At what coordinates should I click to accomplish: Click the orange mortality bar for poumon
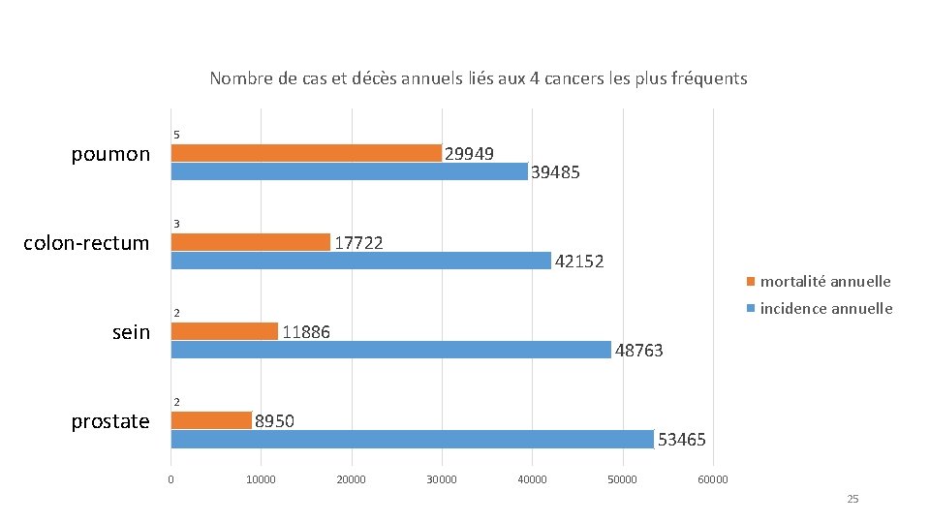(x=306, y=153)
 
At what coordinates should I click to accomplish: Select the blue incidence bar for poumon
(x=349, y=171)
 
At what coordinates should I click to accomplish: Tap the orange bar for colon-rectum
(x=251, y=242)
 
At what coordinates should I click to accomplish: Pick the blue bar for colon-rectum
(x=360, y=261)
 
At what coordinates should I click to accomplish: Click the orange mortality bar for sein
(x=225, y=331)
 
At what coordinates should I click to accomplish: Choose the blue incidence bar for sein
(x=390, y=350)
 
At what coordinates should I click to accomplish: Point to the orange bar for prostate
(x=211, y=420)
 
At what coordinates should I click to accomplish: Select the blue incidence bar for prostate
(x=412, y=439)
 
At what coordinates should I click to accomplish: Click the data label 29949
(x=470, y=154)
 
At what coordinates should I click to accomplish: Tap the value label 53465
(x=682, y=440)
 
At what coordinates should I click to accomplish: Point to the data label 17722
(x=358, y=242)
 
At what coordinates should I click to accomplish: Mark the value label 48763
(x=639, y=351)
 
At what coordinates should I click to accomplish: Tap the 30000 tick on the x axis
(x=442, y=479)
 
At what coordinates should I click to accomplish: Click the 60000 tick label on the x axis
(x=713, y=479)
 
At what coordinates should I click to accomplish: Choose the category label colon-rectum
(x=86, y=243)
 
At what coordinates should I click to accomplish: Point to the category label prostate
(x=110, y=421)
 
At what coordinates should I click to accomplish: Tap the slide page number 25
(x=852, y=499)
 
